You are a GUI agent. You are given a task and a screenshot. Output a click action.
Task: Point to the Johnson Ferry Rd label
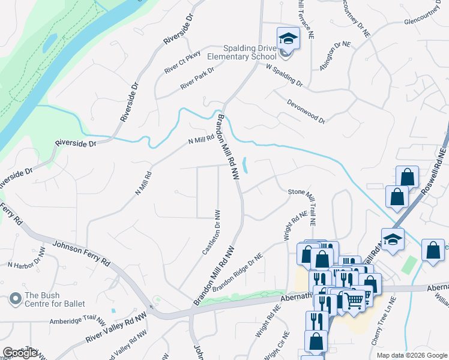(81, 254)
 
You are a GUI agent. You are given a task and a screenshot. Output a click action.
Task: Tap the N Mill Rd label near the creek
(201, 142)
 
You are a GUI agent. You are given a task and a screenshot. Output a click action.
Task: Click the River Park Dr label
(197, 79)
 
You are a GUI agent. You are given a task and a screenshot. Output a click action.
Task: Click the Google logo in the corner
(20, 353)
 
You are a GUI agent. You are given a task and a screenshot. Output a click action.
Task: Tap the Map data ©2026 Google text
(412, 355)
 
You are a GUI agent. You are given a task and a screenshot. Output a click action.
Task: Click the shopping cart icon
(354, 301)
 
